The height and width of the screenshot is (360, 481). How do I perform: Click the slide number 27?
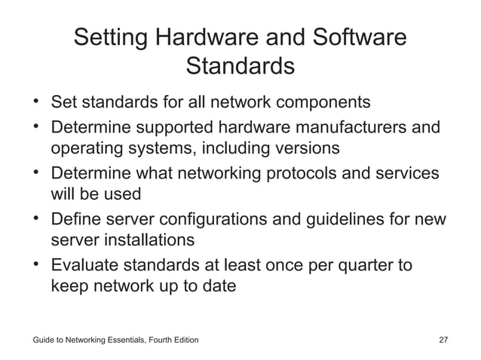click(443, 341)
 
